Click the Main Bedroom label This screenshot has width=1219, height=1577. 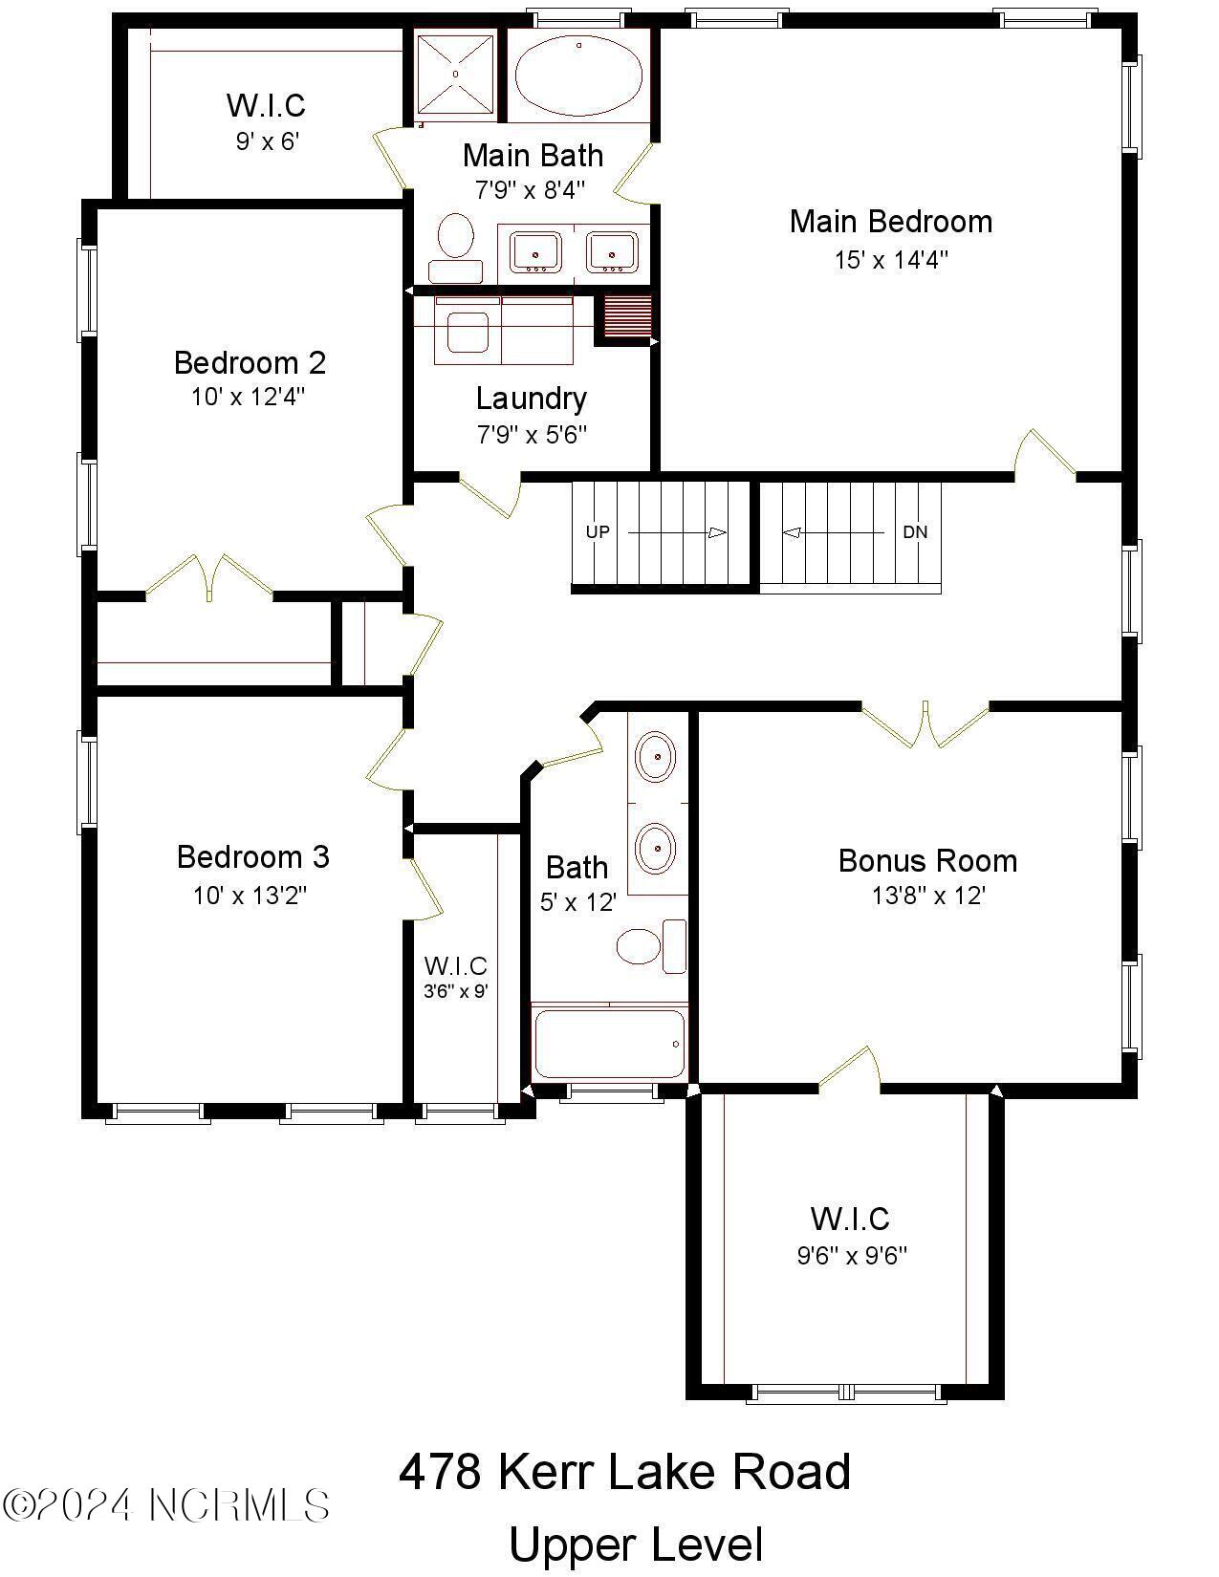(x=890, y=222)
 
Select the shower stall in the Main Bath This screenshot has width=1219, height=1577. (x=456, y=74)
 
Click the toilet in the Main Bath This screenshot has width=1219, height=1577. (x=456, y=244)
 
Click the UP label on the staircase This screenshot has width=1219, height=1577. (x=598, y=531)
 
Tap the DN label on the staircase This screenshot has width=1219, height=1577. (x=915, y=531)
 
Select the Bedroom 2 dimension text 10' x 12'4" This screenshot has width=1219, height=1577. (x=249, y=397)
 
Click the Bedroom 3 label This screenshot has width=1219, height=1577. (x=252, y=856)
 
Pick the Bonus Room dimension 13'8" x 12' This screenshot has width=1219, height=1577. (x=927, y=897)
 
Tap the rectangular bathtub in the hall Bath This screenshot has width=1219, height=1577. (x=610, y=1044)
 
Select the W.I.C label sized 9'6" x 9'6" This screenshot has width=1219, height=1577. (x=850, y=1220)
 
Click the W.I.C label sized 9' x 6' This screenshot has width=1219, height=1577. (x=266, y=105)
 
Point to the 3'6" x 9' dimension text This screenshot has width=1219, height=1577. (x=456, y=991)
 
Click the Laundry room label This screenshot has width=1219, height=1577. (x=531, y=399)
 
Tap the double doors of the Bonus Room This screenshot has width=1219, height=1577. (x=925, y=726)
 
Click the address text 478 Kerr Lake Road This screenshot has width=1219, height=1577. (x=623, y=1472)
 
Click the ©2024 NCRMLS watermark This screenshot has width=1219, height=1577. (x=166, y=1505)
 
